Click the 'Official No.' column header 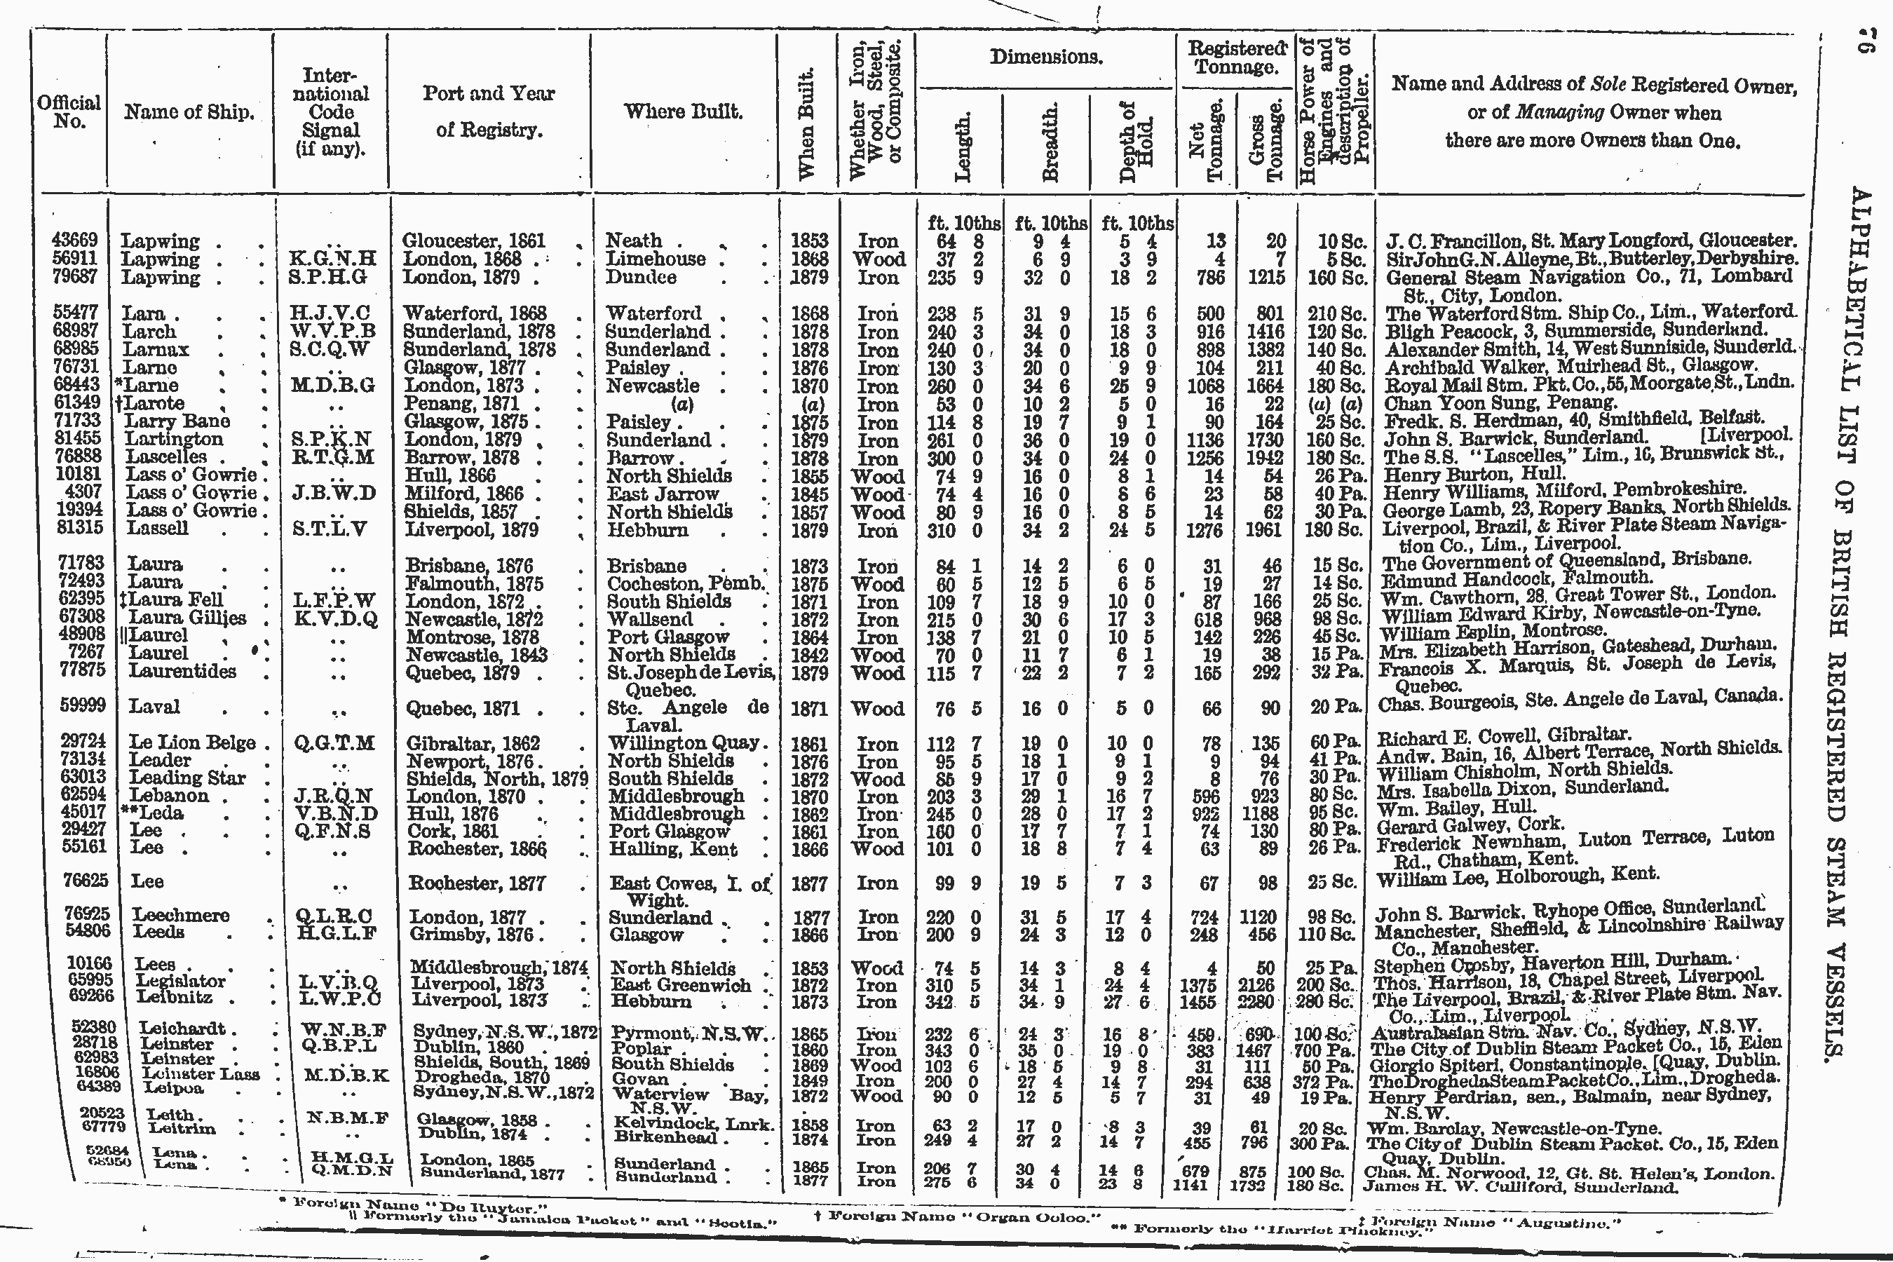coord(69,112)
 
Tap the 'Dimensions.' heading coord(1045,57)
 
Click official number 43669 coord(74,240)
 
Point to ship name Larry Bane coord(177,420)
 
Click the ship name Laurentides coord(183,671)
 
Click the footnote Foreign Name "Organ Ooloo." coord(958,1216)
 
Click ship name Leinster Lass coord(201,1073)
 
